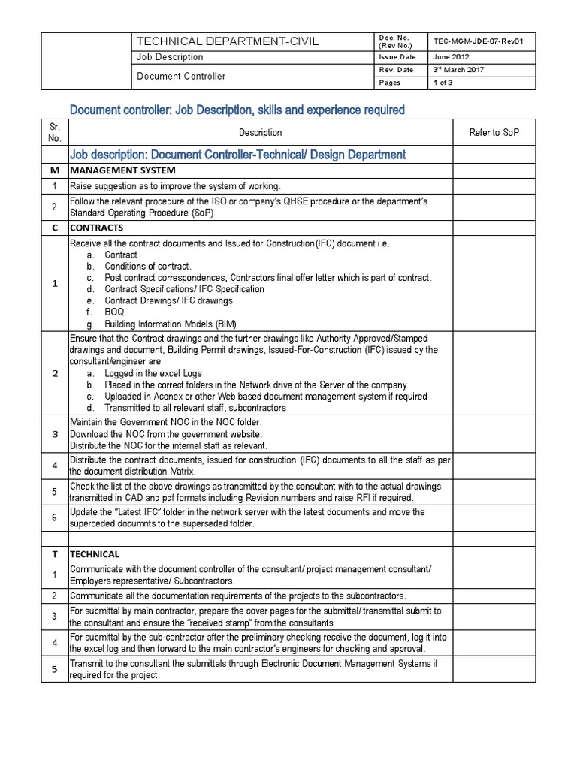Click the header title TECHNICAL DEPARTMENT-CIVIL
226,41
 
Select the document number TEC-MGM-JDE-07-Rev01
479,42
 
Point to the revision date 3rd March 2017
458,70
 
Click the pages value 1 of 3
443,83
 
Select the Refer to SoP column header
494,133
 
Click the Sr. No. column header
54,133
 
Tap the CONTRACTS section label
96,227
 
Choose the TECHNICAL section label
95,554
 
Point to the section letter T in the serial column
54,554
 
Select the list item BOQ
114,312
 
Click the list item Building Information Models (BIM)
170,323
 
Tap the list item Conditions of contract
148,267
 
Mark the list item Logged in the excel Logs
153,373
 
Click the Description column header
261,133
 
